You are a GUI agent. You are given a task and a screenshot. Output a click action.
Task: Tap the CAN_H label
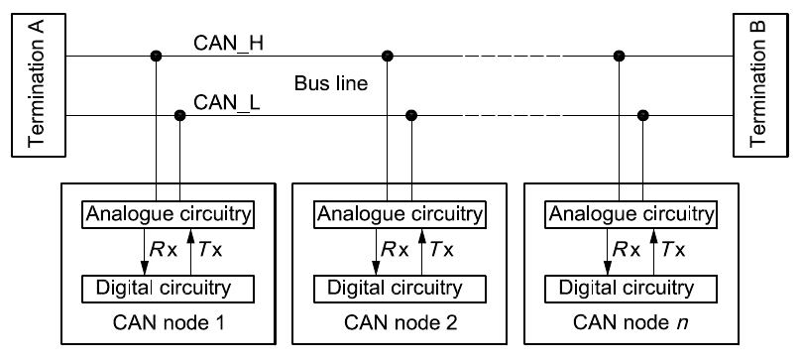click(229, 43)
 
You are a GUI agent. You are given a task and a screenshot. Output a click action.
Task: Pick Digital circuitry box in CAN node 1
click(168, 289)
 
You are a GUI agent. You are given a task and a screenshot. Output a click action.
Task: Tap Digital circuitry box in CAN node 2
click(399, 289)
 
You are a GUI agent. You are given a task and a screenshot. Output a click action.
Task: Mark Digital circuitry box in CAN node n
click(630, 289)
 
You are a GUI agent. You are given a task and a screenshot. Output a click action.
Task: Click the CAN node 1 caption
click(168, 324)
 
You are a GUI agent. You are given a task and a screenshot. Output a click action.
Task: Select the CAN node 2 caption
click(399, 324)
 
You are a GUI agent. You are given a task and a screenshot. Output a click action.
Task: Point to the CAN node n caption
click(630, 324)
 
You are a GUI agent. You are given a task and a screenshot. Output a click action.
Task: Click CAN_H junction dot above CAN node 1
click(156, 56)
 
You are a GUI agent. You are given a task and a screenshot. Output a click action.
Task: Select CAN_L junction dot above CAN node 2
click(410, 116)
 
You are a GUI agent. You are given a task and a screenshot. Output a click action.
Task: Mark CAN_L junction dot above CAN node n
click(642, 116)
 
